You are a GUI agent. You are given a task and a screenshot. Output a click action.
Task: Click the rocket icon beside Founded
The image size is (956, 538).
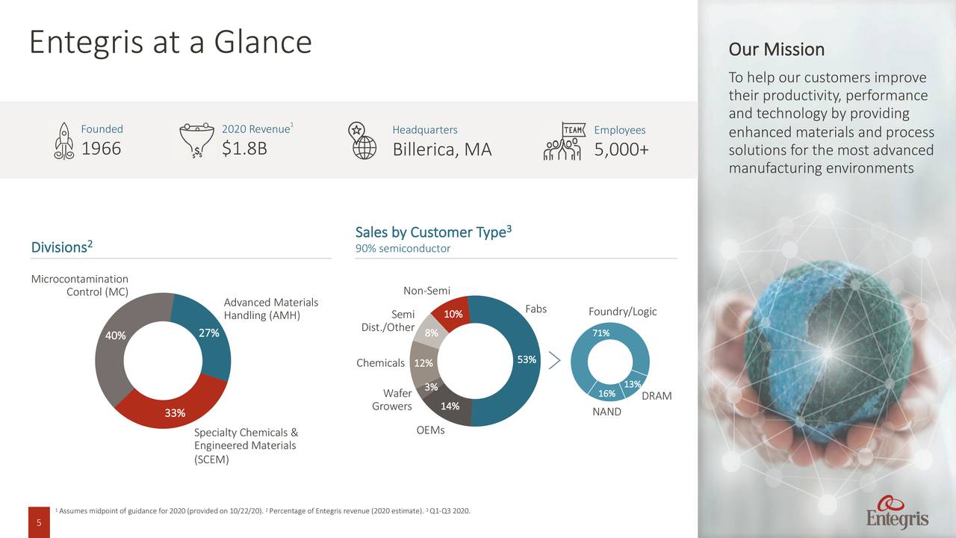pos(63,140)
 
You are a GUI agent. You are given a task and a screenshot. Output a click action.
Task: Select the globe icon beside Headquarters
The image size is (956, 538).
pos(364,140)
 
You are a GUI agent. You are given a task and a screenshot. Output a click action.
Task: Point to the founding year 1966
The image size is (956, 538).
pos(101,149)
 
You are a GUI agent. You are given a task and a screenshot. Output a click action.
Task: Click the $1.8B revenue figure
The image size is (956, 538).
pos(244,149)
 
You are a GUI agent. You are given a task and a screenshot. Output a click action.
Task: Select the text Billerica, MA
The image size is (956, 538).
pos(442,150)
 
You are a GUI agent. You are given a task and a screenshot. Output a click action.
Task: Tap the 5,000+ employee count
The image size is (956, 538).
pos(621,150)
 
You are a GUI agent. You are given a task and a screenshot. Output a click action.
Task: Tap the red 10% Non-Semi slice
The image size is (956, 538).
pos(453,314)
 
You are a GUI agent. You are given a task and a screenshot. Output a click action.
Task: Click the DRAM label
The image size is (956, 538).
pos(657,396)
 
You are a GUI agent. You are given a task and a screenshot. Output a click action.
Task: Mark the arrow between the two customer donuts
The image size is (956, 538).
pos(554,360)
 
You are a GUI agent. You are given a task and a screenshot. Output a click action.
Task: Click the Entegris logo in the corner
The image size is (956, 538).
pos(897,513)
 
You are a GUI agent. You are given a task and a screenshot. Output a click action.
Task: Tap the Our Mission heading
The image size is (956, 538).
pos(777,50)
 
